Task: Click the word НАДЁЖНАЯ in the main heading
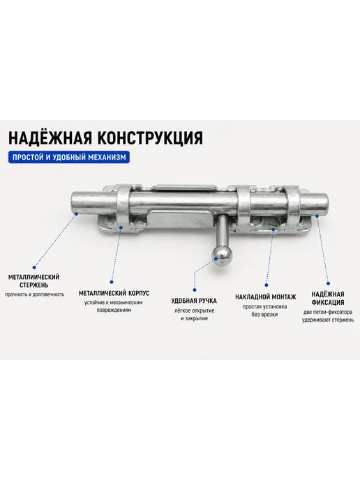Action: tap(50, 137)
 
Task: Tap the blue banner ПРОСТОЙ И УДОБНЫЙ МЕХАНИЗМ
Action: tap(69, 157)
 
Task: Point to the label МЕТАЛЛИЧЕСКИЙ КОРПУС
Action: tap(114, 293)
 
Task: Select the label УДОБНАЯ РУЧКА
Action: tap(194, 301)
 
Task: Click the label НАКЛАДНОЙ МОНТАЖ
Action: tap(266, 297)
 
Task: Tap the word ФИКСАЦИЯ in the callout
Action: tap(328, 303)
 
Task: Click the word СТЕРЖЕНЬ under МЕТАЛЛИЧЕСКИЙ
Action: tap(34, 285)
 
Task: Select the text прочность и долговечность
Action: tap(35, 294)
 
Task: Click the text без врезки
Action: tap(264, 315)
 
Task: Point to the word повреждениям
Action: tap(114, 310)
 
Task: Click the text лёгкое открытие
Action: tap(195, 310)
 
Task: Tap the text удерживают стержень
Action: tap(328, 320)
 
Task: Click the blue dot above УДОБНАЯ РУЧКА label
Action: tap(195, 290)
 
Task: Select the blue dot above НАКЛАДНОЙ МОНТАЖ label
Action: tap(267, 285)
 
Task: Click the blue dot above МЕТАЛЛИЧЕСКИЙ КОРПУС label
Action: tap(112, 282)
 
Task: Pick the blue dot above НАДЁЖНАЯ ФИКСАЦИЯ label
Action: tap(328, 283)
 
